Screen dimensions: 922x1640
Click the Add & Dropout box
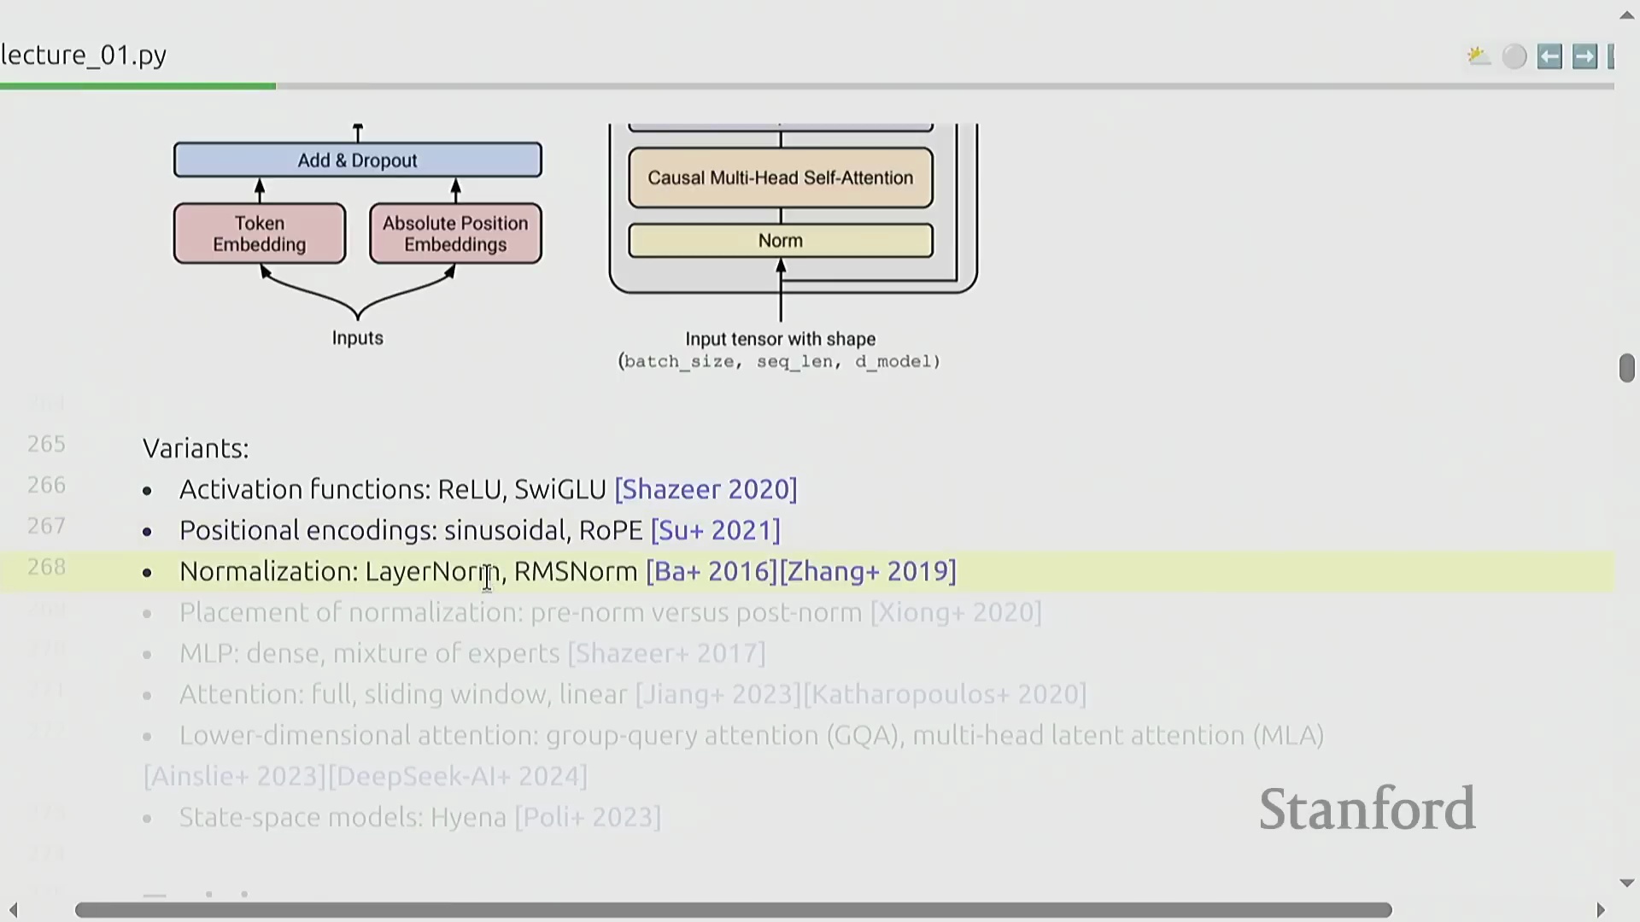(357, 160)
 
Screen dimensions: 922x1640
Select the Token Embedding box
(260, 234)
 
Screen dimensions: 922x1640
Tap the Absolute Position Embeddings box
(455, 234)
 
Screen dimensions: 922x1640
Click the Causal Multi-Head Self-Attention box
(780, 178)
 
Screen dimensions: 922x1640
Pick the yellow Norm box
(780, 241)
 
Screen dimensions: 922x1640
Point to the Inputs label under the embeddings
(357, 338)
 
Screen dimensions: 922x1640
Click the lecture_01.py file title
(84, 55)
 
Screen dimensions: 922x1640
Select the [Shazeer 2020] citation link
(706, 489)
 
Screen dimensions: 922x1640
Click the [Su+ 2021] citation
(715, 530)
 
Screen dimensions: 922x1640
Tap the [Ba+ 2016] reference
(712, 571)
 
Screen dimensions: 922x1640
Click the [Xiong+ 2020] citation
(956, 612)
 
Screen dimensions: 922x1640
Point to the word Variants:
(196, 448)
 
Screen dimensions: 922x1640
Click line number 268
(46, 567)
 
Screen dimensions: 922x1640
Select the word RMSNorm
(576, 571)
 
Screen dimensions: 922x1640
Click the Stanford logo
(1367, 808)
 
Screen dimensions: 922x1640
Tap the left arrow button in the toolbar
(1549, 56)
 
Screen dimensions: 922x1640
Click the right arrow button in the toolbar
(1584, 56)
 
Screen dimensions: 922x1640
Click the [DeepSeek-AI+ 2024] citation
(458, 776)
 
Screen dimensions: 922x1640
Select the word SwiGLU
(560, 489)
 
